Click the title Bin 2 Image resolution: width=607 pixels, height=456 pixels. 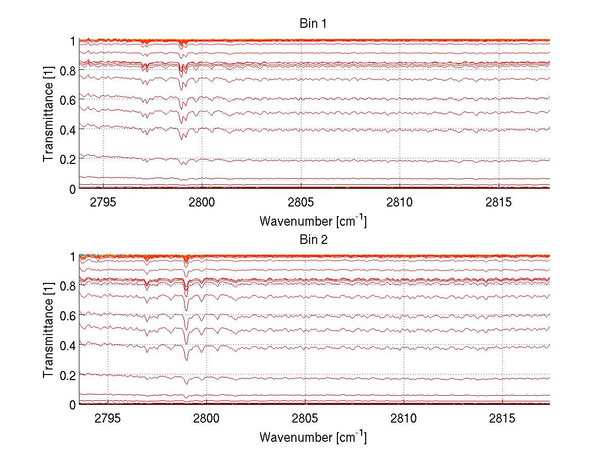coord(314,240)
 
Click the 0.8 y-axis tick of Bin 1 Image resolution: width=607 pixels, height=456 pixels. coord(68,71)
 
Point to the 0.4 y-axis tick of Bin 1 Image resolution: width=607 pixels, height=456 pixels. coord(68,130)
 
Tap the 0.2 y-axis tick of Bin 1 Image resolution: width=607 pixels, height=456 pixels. coord(68,159)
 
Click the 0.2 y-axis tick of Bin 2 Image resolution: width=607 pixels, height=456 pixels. coord(68,375)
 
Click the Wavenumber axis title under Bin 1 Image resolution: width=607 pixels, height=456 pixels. coord(313,221)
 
